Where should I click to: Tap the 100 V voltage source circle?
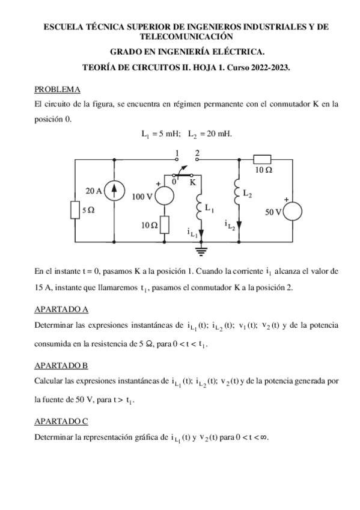(x=163, y=196)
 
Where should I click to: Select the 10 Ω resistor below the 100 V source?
(x=164, y=225)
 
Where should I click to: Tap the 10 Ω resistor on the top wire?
(x=262, y=159)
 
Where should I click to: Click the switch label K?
(x=192, y=180)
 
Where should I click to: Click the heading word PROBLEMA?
(x=57, y=90)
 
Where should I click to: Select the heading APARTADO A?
(x=61, y=309)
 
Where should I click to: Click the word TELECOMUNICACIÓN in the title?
(x=180, y=36)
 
